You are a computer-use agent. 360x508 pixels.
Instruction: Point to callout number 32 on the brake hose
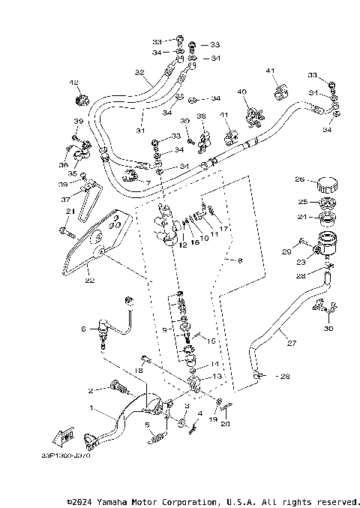pos(139,73)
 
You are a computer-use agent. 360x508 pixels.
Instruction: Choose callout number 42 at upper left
pos(73,83)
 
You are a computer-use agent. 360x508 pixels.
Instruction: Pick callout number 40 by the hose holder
pos(242,92)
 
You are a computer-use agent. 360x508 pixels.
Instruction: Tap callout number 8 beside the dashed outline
pos(240,260)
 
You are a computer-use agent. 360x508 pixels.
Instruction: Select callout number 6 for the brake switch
pos(84,329)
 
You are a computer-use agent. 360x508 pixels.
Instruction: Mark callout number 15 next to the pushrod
pos(212,341)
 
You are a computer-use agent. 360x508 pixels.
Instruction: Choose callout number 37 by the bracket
pos(67,200)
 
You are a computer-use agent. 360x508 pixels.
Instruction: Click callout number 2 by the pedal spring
pos(91,390)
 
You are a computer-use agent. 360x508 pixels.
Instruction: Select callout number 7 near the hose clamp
pos(148,183)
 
